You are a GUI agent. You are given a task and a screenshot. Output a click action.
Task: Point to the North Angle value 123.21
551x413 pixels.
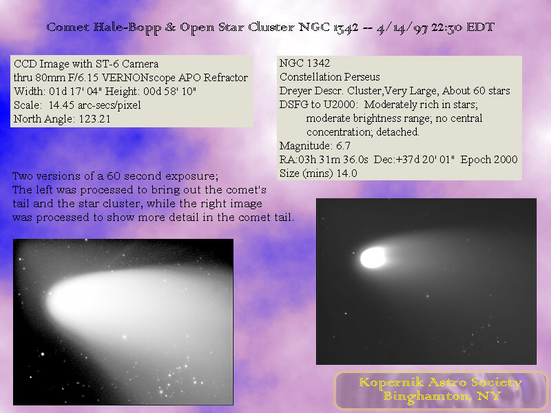tap(94, 119)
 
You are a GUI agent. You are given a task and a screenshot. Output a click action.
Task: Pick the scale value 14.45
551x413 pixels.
tap(62, 105)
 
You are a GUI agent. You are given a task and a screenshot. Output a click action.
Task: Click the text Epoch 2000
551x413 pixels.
tap(489, 160)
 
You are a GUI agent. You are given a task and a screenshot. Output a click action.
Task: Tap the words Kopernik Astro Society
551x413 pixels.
tap(440, 383)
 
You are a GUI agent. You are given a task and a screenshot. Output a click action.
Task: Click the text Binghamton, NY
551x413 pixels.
tap(442, 396)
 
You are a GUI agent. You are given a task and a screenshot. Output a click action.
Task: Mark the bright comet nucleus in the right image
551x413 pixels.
tap(373, 257)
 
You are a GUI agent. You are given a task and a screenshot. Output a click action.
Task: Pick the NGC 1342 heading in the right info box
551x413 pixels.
tap(304, 63)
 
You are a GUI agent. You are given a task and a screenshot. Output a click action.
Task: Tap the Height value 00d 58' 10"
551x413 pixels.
tap(169, 92)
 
